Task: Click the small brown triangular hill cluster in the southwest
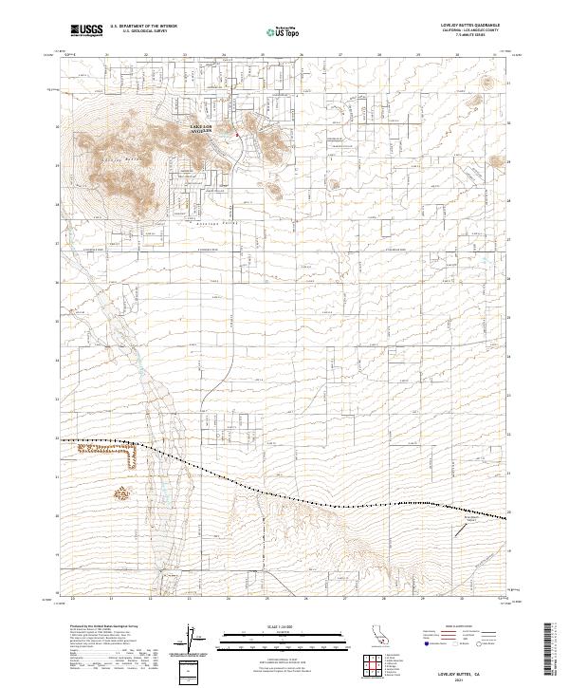(121, 494)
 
